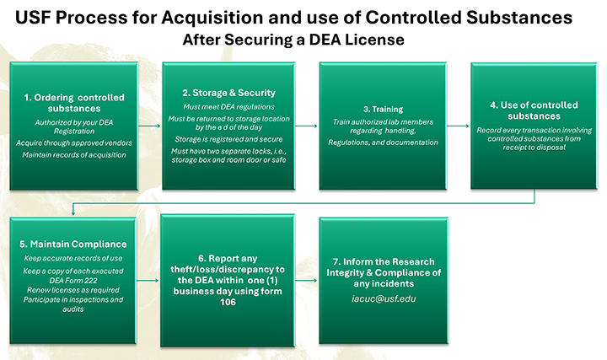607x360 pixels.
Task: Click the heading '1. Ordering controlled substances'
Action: click(x=74, y=103)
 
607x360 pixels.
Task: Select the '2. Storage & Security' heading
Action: click(x=228, y=93)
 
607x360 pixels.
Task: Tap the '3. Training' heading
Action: click(x=383, y=109)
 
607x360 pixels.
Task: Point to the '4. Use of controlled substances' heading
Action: click(x=534, y=110)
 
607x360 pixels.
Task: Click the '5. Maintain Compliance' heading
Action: click(x=73, y=244)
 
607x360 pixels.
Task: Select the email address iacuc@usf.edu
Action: click(x=384, y=298)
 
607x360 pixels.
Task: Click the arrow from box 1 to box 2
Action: click(x=149, y=126)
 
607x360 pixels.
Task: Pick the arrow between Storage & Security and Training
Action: click(x=307, y=126)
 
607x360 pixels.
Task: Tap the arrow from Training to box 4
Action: click(x=459, y=126)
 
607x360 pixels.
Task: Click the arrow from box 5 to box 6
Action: click(x=148, y=280)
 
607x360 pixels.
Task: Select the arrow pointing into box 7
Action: click(x=306, y=280)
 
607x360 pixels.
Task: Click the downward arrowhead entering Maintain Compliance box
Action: click(x=73, y=213)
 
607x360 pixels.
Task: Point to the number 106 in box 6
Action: click(x=228, y=303)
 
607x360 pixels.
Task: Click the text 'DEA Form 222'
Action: click(x=73, y=280)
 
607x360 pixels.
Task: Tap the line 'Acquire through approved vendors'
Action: click(x=74, y=142)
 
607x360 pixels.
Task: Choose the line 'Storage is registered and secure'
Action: click(x=228, y=139)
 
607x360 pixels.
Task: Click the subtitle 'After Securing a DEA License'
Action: click(x=293, y=40)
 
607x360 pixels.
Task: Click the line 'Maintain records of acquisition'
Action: click(x=74, y=155)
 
